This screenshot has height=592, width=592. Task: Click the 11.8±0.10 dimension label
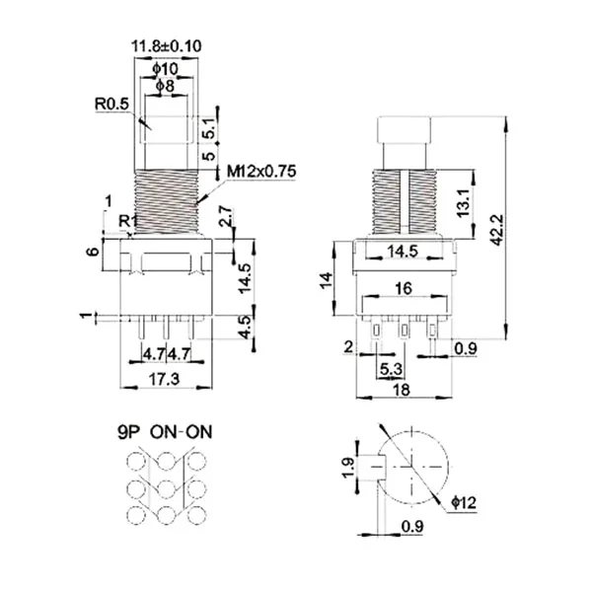pyautogui.click(x=166, y=46)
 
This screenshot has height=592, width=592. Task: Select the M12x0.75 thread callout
pyautogui.click(x=261, y=172)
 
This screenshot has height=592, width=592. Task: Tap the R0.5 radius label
pyautogui.click(x=111, y=104)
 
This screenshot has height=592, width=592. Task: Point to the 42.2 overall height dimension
pyautogui.click(x=497, y=230)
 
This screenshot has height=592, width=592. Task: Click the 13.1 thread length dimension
pyautogui.click(x=464, y=202)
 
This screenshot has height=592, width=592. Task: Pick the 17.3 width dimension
pyautogui.click(x=164, y=379)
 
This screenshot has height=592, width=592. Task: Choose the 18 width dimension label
pyautogui.click(x=402, y=390)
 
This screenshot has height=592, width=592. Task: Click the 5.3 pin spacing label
pyautogui.click(x=391, y=369)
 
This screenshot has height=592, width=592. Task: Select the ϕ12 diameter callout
pyautogui.click(x=464, y=502)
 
